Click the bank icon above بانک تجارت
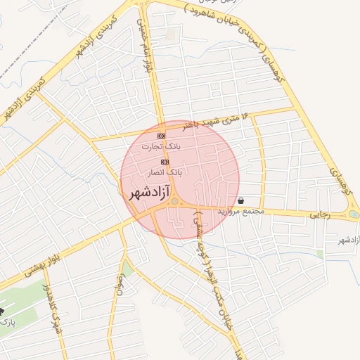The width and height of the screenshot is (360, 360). tap(161, 135)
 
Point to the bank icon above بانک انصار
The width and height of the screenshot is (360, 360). tap(165, 161)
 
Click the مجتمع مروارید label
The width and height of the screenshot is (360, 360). tap(240, 211)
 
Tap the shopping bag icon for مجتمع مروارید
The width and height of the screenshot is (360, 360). tap(241, 200)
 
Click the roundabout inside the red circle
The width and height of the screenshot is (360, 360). tap(174, 201)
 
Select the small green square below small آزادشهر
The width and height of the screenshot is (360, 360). tap(320, 254)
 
